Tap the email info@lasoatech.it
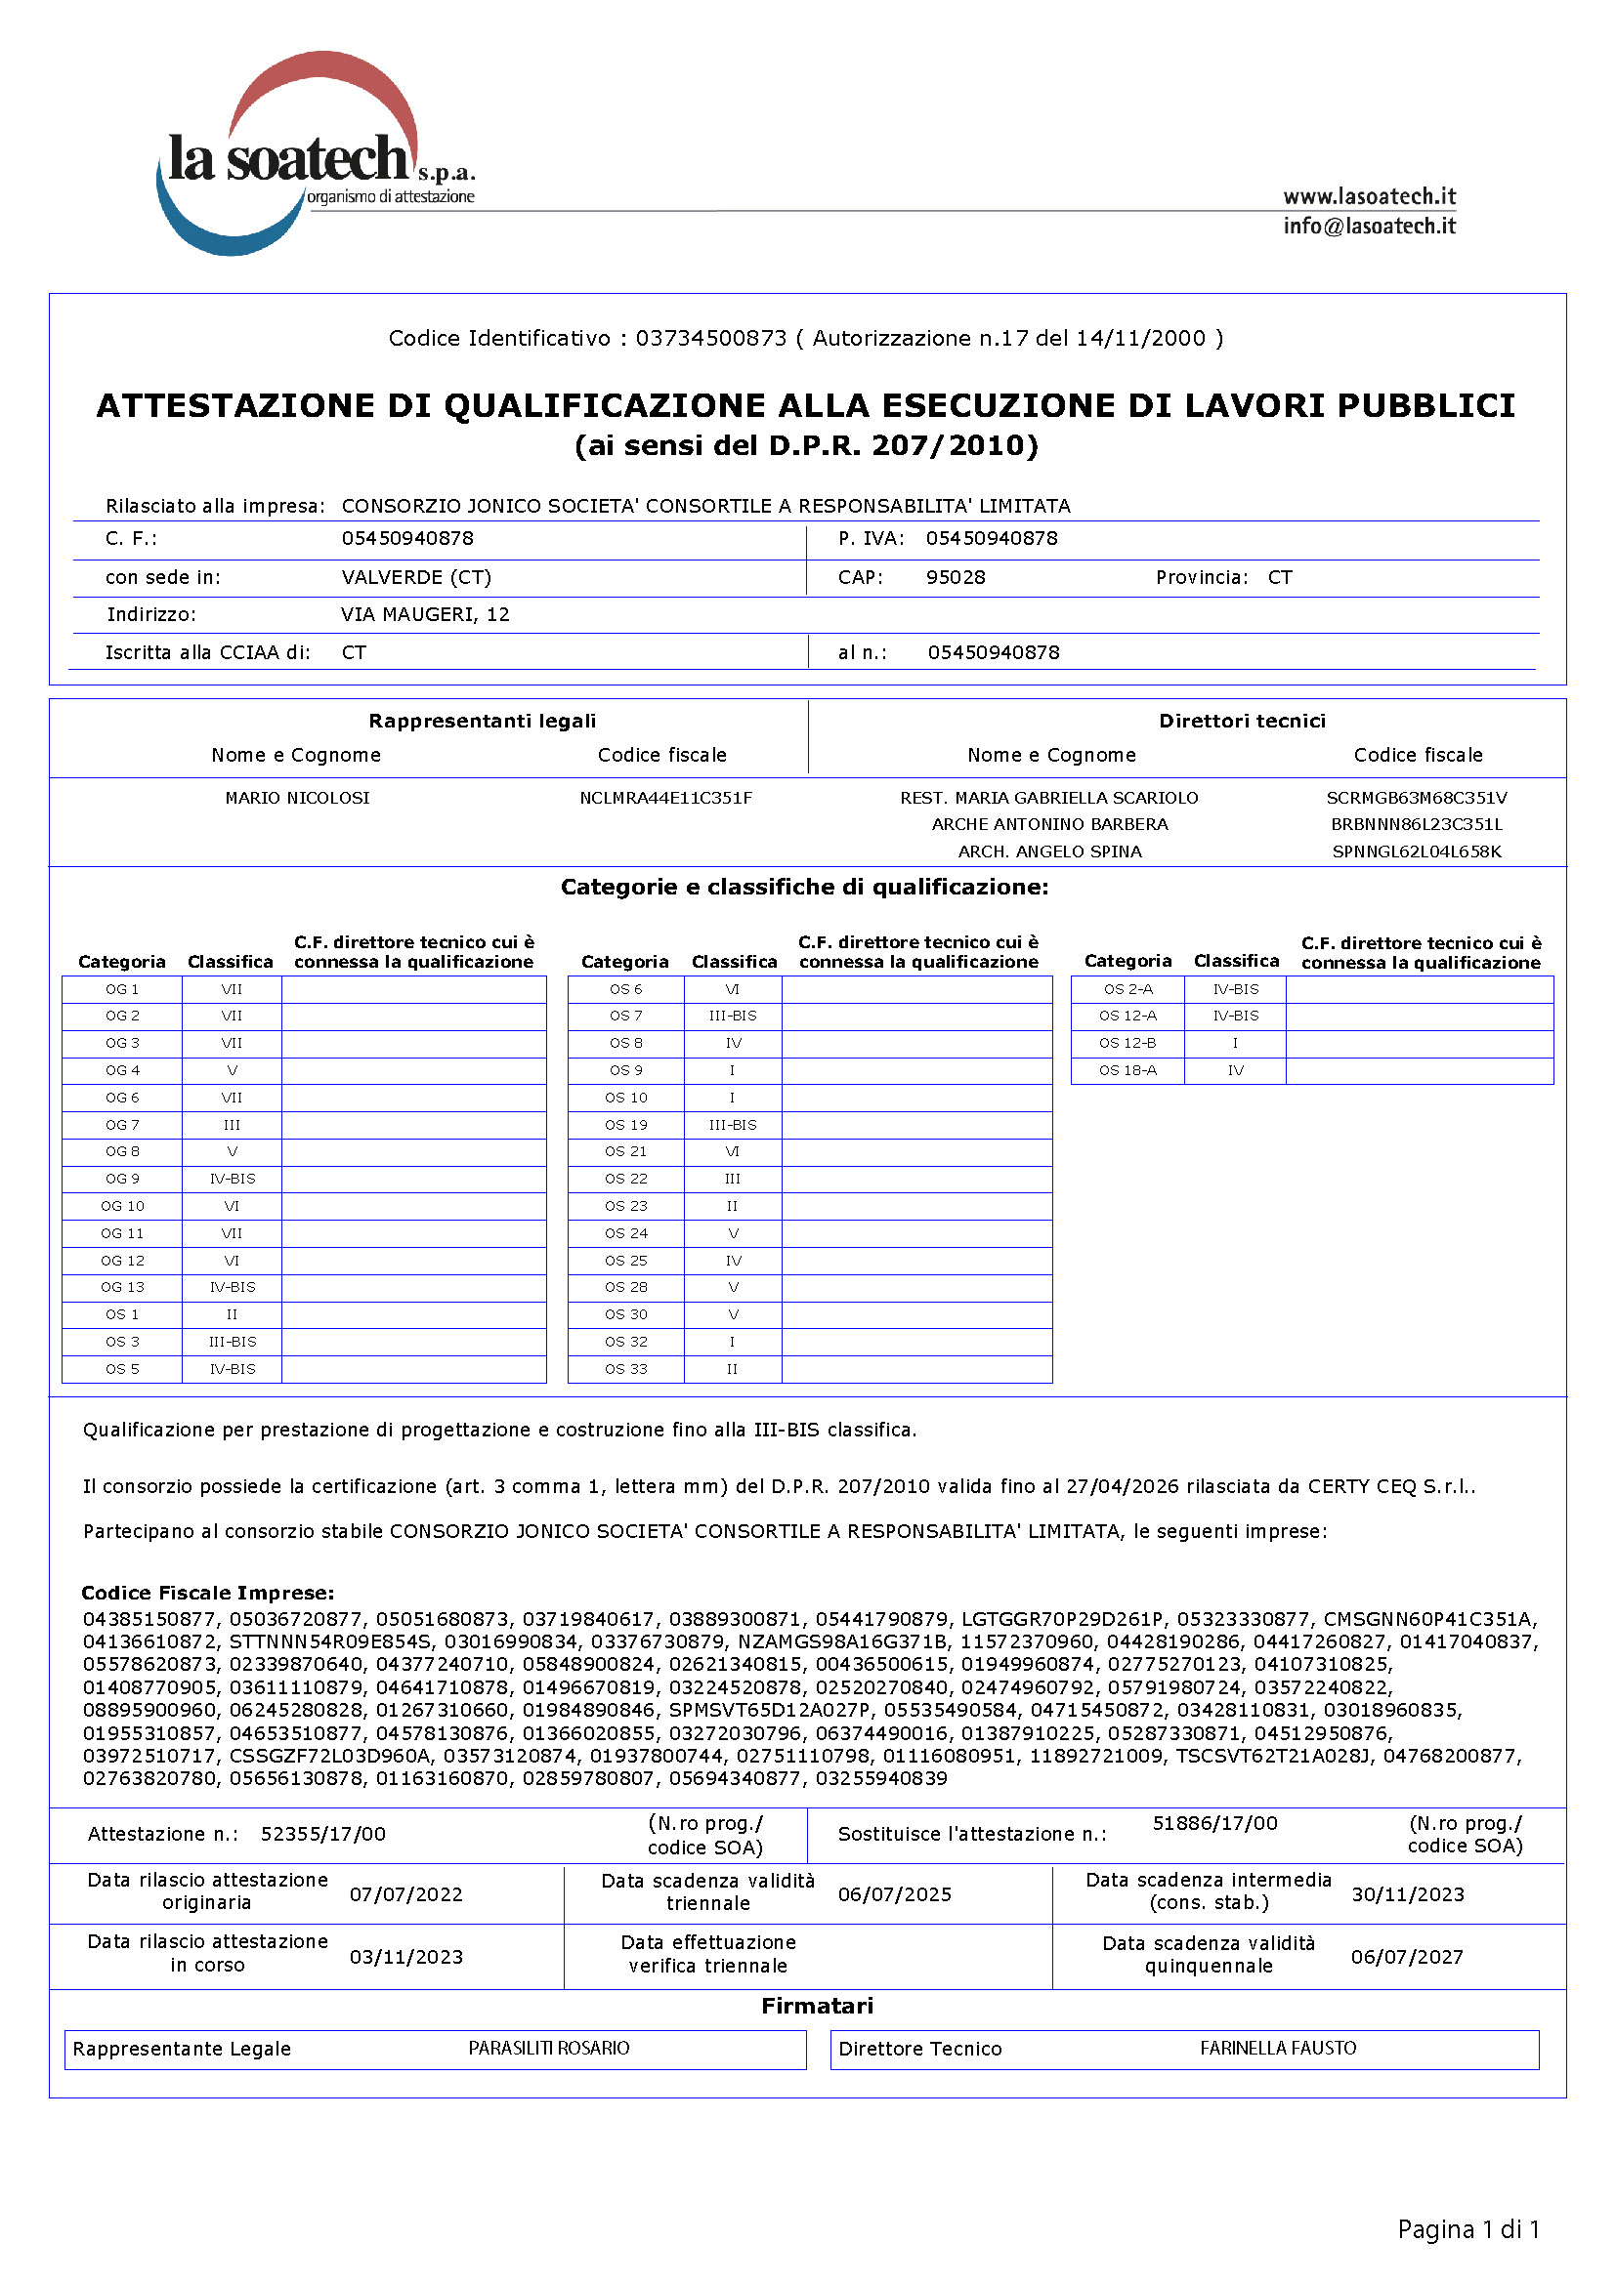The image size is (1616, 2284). pyautogui.click(x=1368, y=226)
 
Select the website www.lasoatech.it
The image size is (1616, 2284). pyautogui.click(x=1368, y=196)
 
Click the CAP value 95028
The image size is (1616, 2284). pyautogui.click(x=956, y=577)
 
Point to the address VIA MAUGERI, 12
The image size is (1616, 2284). pyautogui.click(x=425, y=614)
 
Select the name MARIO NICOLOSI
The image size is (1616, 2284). pyautogui.click(x=297, y=797)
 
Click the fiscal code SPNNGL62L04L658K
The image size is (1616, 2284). pyautogui.click(x=1416, y=851)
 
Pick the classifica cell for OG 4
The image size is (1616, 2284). pyautogui.click(x=232, y=1070)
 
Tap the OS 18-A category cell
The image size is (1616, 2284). pyautogui.click(x=1127, y=1070)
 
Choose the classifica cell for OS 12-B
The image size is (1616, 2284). pyautogui.click(x=1235, y=1043)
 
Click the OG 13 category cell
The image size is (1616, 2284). pyautogui.click(x=122, y=1286)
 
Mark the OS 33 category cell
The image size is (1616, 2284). pyautogui.click(x=626, y=1369)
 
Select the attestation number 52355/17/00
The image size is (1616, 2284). pyautogui.click(x=322, y=1834)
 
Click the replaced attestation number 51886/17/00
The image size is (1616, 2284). pyautogui.click(x=1214, y=1822)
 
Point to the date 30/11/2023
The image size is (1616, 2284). pyautogui.click(x=1407, y=1894)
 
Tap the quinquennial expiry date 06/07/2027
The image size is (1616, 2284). pyautogui.click(x=1407, y=1957)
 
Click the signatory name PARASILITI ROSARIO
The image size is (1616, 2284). pyautogui.click(x=548, y=2048)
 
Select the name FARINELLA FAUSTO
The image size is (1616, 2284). pyautogui.click(x=1278, y=2048)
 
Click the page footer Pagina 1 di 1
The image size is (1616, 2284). pyautogui.click(x=1467, y=2229)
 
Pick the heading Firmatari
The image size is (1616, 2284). pyautogui.click(x=817, y=2006)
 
